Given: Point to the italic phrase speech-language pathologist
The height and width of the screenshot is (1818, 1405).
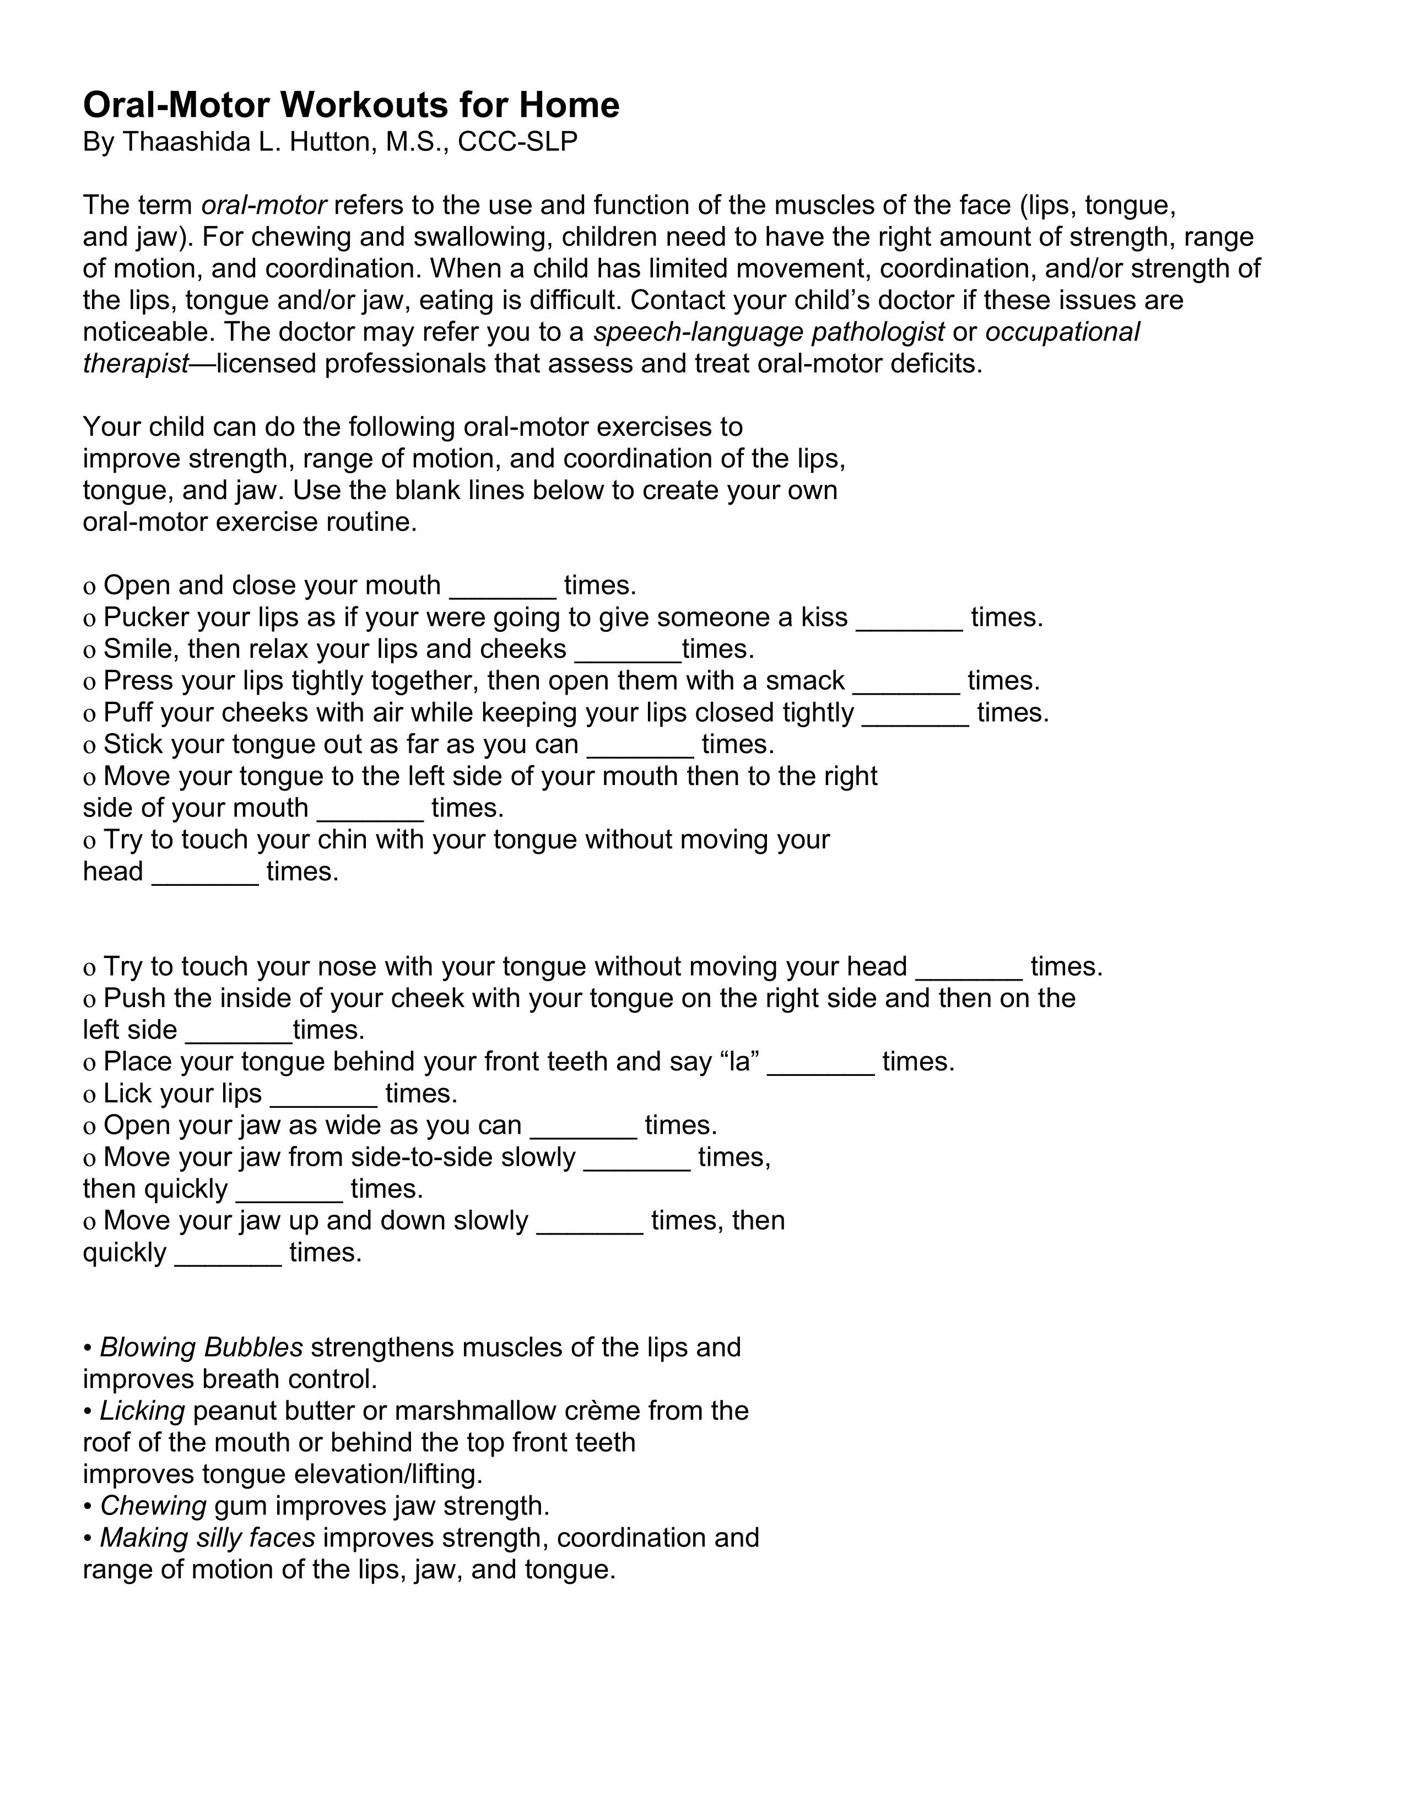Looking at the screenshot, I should pos(768,332).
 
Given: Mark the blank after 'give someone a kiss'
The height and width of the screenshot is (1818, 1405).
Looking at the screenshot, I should pos(910,619).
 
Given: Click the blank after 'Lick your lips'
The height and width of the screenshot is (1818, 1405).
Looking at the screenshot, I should pos(324,1095).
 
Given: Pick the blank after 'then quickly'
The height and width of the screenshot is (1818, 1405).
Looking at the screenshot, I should pos(290,1191).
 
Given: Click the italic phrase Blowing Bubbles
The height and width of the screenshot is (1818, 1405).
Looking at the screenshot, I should pos(201,1348).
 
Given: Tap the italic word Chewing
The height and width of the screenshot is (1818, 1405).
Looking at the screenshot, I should pos(153,1506).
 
